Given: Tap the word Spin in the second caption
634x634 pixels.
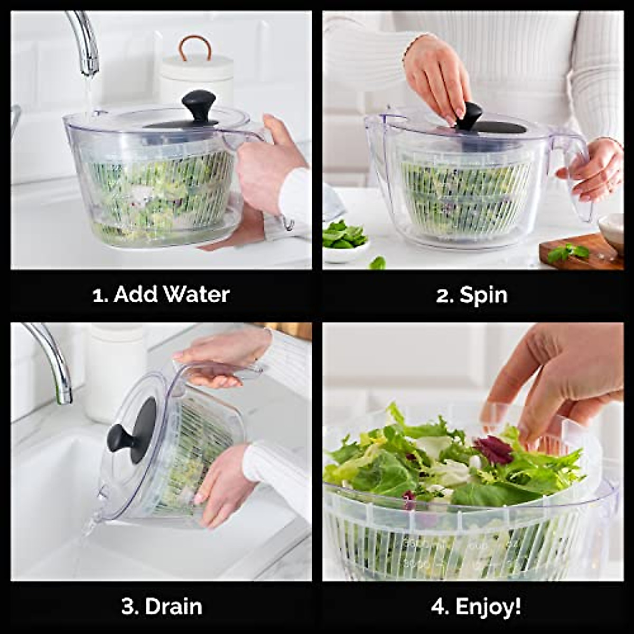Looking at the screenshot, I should [483, 294].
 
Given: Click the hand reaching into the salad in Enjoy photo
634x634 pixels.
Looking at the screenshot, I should [555, 380].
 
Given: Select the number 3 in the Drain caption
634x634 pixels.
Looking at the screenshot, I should [128, 607].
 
